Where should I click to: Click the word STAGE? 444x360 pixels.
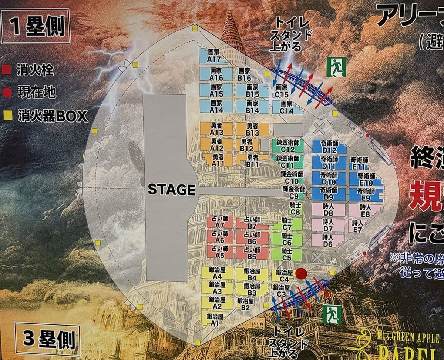point(171,190)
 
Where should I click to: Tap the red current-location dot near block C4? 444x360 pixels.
point(302,274)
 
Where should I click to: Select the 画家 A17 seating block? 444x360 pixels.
point(214,56)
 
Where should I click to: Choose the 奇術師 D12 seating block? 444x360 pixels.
point(329,147)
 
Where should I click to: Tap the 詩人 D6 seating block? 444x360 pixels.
point(328,240)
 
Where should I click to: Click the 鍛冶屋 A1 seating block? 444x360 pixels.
point(214,319)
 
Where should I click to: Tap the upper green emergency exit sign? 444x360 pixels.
point(336,67)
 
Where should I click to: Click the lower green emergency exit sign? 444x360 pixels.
point(331,314)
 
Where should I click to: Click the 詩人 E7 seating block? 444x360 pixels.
point(357,226)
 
